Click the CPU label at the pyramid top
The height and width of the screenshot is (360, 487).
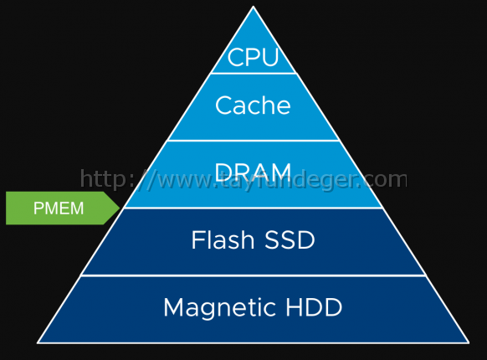253,57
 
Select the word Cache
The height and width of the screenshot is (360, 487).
253,105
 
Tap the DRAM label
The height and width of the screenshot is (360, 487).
253,172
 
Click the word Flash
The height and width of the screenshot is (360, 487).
223,239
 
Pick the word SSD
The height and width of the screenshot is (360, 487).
290,239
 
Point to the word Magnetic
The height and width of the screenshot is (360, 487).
219,308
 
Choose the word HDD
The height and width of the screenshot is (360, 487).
314,307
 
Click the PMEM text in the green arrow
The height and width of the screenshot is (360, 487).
59,208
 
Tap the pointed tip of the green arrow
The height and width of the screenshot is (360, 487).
120,208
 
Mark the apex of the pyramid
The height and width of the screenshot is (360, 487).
254,6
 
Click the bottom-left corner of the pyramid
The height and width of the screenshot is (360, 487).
38,343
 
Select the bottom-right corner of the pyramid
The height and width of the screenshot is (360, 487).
469,343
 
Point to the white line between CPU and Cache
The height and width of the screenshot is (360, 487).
254,74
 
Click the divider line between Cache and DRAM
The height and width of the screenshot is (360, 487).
254,141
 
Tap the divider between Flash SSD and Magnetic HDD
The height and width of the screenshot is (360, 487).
254,275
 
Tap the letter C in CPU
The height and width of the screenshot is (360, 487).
235,57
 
